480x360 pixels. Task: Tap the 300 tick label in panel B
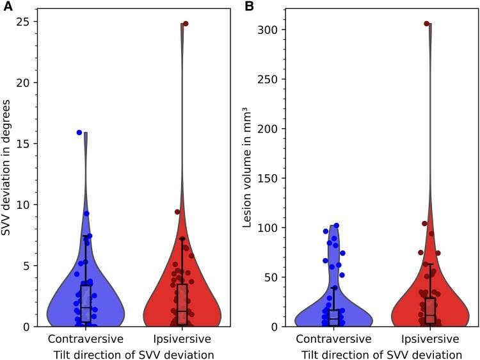tap(270, 30)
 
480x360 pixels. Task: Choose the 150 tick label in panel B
tap(270, 179)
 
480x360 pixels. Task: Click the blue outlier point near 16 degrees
tap(79, 133)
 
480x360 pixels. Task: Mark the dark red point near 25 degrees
tap(186, 24)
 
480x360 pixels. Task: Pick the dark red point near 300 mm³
tap(426, 24)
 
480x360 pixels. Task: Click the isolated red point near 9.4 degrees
tap(177, 212)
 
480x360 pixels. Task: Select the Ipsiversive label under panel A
tap(182, 338)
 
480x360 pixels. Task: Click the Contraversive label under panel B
tap(333, 338)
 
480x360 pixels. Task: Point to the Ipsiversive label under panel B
tap(430, 338)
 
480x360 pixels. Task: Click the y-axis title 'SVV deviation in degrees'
tap(8, 168)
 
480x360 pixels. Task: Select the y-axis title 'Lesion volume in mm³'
tap(248, 168)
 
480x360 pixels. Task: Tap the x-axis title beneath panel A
tap(134, 352)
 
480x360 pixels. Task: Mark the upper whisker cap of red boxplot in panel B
tap(430, 264)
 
